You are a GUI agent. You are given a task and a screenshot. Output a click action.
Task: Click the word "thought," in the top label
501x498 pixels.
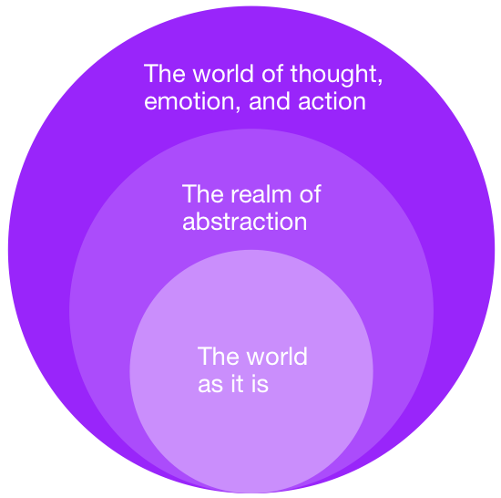[336, 74]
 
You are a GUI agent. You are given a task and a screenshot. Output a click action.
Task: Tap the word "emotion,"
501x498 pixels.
[192, 101]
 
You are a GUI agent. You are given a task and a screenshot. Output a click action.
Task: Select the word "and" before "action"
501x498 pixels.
[270, 100]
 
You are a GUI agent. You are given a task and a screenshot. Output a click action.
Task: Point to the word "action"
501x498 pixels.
[332, 100]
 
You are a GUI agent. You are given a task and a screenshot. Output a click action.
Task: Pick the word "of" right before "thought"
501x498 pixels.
[272, 73]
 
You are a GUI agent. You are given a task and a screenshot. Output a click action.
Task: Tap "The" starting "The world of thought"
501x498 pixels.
[165, 73]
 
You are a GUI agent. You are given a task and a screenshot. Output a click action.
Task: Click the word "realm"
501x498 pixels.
[261, 193]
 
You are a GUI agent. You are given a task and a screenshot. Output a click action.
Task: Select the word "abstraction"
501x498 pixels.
[245, 221]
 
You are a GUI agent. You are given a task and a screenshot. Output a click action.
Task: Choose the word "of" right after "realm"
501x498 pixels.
[311, 193]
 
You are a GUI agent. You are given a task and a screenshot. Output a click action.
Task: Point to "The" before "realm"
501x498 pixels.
[202, 193]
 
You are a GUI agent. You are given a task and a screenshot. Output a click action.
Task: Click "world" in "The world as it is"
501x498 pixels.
[277, 356]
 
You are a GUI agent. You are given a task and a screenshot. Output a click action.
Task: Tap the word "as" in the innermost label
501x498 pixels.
[210, 384]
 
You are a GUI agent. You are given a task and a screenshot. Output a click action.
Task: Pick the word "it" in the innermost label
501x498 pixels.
[237, 383]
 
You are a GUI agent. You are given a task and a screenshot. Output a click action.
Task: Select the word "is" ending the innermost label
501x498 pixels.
[260, 383]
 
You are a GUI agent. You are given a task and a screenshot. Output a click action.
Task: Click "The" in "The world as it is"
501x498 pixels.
[219, 356]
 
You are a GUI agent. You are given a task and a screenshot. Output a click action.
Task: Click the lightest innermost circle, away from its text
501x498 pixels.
[251, 441]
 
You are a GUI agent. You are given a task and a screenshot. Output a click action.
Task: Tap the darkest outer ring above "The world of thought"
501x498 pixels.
[251, 32]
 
